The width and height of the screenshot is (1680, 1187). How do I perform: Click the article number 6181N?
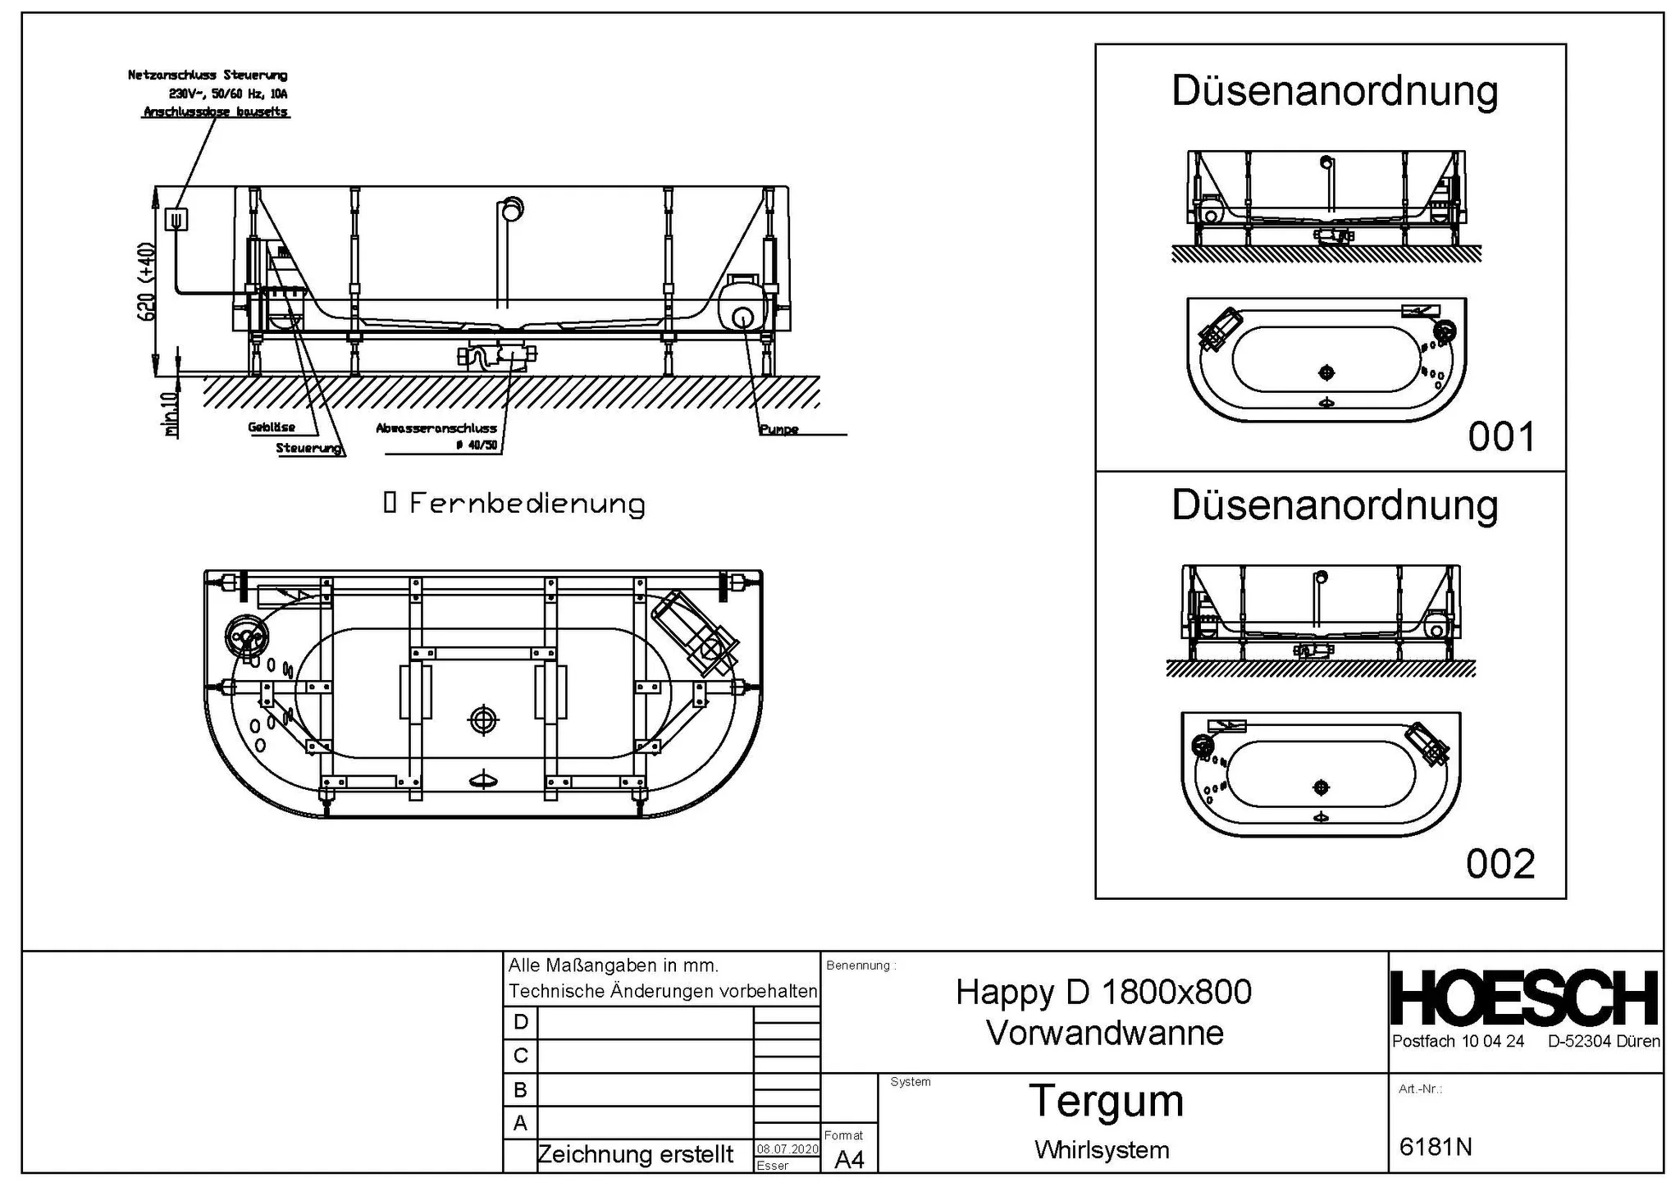(1435, 1146)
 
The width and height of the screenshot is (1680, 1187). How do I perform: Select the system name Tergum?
(1106, 1101)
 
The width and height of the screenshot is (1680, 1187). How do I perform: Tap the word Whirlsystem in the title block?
(1102, 1150)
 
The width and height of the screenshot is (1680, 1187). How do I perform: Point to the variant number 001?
(1500, 437)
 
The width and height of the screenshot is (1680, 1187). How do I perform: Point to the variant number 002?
(1500, 864)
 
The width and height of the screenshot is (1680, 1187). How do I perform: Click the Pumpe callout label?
(778, 429)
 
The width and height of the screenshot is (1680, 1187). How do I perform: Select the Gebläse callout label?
(271, 427)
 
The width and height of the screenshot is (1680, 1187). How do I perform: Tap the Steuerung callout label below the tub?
(308, 448)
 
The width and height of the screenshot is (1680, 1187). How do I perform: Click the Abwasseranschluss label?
(436, 428)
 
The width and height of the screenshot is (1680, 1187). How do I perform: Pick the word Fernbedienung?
(527, 504)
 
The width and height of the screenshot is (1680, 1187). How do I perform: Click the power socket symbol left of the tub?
(176, 219)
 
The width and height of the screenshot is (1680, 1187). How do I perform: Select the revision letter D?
(520, 1022)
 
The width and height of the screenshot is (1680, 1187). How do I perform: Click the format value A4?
(849, 1159)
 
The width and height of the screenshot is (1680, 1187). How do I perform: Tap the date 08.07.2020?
(787, 1148)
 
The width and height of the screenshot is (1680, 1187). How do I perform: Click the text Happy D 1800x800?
(1103, 993)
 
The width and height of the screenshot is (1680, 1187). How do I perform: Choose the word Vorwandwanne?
(1104, 1033)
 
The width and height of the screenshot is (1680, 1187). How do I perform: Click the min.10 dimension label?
(170, 414)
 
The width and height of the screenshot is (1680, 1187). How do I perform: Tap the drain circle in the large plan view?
(483, 719)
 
